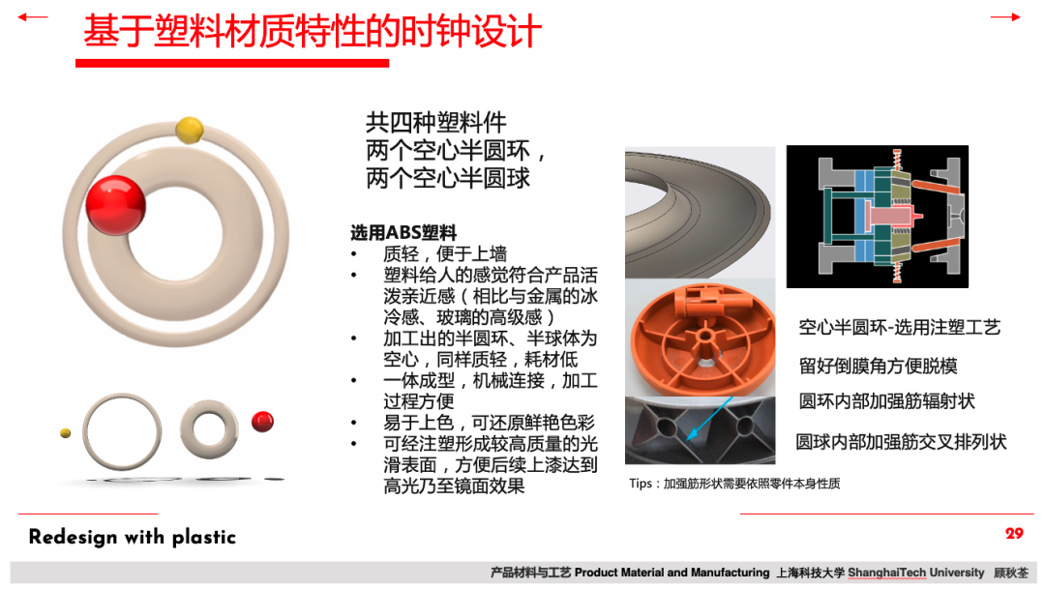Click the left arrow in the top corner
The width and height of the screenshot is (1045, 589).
pyautogui.click(x=32, y=17)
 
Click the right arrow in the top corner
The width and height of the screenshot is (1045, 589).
pyautogui.click(x=1005, y=17)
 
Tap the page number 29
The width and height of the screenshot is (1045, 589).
pyautogui.click(x=1014, y=534)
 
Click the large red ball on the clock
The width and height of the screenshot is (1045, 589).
pyautogui.click(x=115, y=205)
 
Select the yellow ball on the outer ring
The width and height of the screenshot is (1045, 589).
pyautogui.click(x=190, y=130)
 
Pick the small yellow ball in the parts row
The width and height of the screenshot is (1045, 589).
pyautogui.click(x=66, y=433)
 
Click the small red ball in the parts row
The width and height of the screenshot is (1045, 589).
pyautogui.click(x=262, y=422)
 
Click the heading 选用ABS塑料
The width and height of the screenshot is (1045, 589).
pyautogui.click(x=403, y=232)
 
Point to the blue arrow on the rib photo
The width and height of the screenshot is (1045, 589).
pyautogui.click(x=710, y=418)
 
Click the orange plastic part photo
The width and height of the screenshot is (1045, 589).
pyautogui.click(x=701, y=337)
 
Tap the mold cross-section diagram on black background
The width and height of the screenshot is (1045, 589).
pyautogui.click(x=877, y=217)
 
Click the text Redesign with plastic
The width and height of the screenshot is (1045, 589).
pyautogui.click(x=133, y=537)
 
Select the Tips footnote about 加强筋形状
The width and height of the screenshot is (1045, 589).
pyautogui.click(x=734, y=484)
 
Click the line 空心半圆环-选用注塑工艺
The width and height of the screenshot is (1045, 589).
pyautogui.click(x=900, y=327)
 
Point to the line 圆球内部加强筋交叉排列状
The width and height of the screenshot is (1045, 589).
pyautogui.click(x=901, y=442)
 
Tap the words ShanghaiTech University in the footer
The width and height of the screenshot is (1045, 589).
pyautogui.click(x=915, y=573)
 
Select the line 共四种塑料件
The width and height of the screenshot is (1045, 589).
pyautogui.click(x=435, y=123)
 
